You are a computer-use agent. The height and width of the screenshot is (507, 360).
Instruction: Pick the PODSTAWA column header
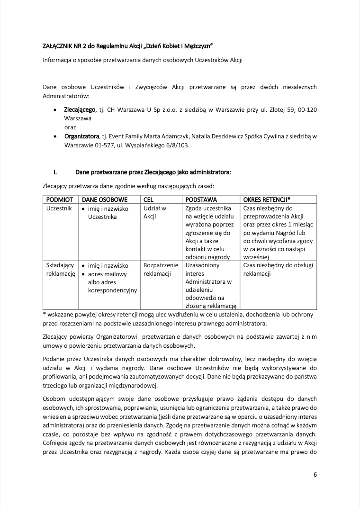[x=201, y=199]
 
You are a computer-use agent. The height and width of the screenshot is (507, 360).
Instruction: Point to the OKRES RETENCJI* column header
[x=267, y=199]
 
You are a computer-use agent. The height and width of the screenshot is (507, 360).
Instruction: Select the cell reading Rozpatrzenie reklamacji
[x=161, y=270]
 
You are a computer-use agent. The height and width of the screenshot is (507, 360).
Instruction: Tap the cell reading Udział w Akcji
[x=154, y=212]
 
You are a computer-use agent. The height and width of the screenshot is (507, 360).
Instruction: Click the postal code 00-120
[x=305, y=110]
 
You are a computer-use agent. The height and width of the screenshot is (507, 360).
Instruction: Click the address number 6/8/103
[x=175, y=145]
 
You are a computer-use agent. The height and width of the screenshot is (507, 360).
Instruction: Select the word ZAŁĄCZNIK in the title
[x=58, y=45]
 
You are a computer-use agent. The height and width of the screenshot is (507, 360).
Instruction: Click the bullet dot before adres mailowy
[x=83, y=274]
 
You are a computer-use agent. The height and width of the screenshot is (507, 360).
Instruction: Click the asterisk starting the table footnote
[x=44, y=314]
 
